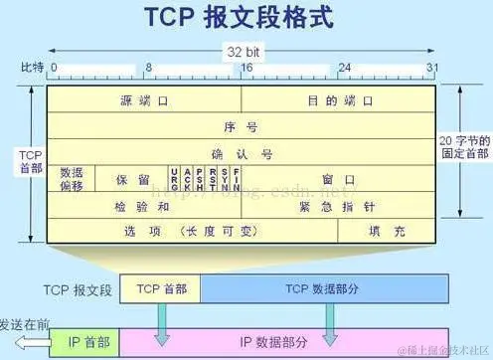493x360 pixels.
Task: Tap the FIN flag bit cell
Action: pos(236,179)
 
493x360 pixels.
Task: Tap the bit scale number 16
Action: pos(246,69)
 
